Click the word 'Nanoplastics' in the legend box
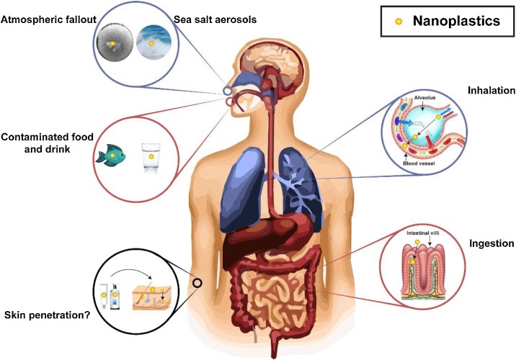tap(456, 21)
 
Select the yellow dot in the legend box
tap(396, 22)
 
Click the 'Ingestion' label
tap(491, 243)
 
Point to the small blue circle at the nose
tap(228, 91)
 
